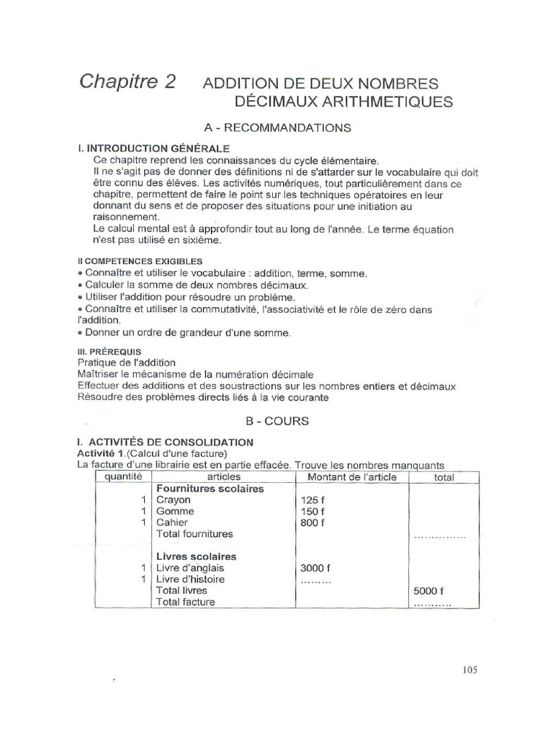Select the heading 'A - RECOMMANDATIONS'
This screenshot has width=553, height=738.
(277, 128)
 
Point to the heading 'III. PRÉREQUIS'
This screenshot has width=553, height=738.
(110, 351)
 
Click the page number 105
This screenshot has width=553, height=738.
(466, 670)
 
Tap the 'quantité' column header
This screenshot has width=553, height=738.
(124, 477)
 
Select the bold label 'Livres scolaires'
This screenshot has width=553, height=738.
(197, 556)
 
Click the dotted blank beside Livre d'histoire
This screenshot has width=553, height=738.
(315, 581)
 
